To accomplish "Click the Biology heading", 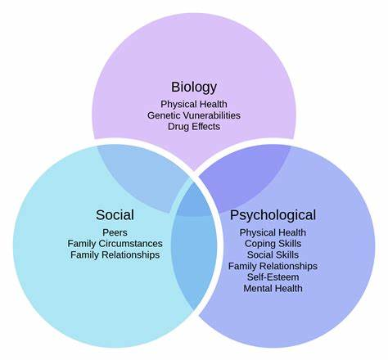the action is pyautogui.click(x=194, y=88).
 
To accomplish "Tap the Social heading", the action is pyautogui.click(x=115, y=215).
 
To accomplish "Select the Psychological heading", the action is pyautogui.click(x=273, y=216).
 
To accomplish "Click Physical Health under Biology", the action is pyautogui.click(x=194, y=104).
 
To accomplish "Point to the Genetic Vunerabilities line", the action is pyautogui.click(x=194, y=115).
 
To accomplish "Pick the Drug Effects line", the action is pyautogui.click(x=194, y=127).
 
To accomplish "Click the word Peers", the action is pyautogui.click(x=115, y=232).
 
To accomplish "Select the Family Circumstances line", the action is pyautogui.click(x=115, y=244).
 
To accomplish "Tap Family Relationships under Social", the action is pyautogui.click(x=115, y=255).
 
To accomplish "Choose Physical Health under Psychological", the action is pyautogui.click(x=273, y=232).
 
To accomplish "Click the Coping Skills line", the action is pyautogui.click(x=273, y=244).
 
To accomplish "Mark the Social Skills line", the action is pyautogui.click(x=273, y=254).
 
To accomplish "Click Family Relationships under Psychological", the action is pyautogui.click(x=273, y=266).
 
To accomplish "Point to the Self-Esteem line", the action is pyautogui.click(x=273, y=277).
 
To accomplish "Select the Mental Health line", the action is pyautogui.click(x=273, y=288).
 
